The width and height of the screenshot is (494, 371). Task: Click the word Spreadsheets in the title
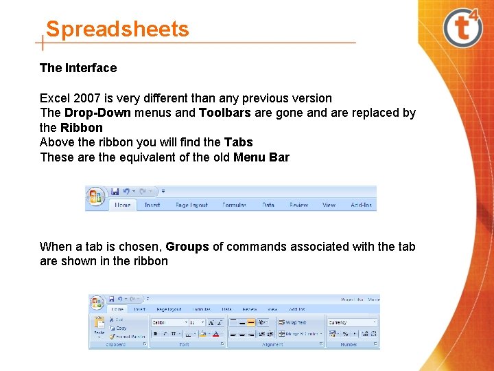click(x=117, y=30)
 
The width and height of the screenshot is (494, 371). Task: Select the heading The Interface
click(x=78, y=68)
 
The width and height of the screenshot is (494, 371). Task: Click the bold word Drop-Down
click(x=88, y=113)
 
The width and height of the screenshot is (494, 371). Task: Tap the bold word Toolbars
click(x=225, y=113)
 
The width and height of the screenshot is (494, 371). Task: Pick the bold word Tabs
click(x=238, y=142)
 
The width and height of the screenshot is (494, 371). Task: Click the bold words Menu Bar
click(x=261, y=157)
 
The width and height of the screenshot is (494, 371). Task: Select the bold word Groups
click(x=187, y=247)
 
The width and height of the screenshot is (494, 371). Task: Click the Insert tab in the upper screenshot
click(x=152, y=205)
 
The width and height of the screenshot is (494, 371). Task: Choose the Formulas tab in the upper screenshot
click(x=235, y=205)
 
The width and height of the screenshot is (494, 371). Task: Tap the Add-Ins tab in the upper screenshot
click(x=361, y=205)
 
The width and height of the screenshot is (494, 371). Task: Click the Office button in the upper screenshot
click(x=95, y=197)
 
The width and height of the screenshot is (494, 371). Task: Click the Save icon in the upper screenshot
click(x=115, y=191)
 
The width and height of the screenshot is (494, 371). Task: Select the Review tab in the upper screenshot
click(x=298, y=205)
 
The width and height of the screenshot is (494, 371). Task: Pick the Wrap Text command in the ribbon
click(x=292, y=322)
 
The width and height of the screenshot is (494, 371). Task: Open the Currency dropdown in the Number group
click(x=353, y=322)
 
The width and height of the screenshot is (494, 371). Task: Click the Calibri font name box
click(x=169, y=322)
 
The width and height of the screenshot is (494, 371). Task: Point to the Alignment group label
click(x=272, y=345)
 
